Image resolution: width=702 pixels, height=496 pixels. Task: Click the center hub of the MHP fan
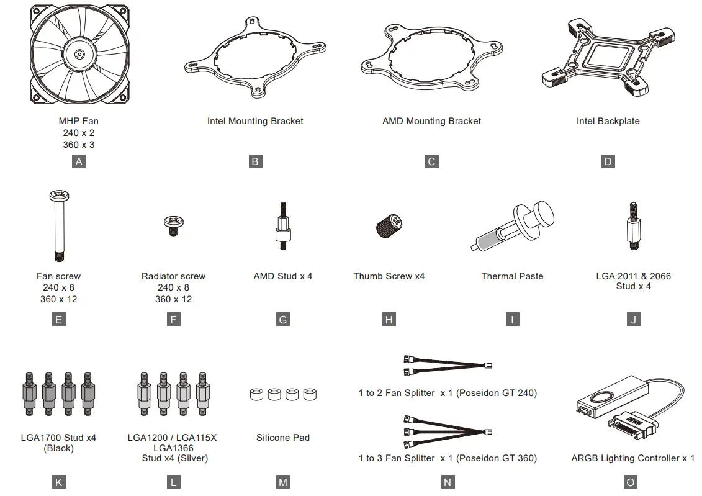pyautogui.click(x=79, y=55)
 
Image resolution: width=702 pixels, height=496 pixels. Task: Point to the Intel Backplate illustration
pyautogui.click(x=608, y=58)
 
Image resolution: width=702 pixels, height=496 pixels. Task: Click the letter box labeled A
pyautogui.click(x=79, y=161)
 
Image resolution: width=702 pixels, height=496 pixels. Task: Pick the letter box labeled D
pyautogui.click(x=608, y=161)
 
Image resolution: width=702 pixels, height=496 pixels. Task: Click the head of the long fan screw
pyautogui.click(x=59, y=195)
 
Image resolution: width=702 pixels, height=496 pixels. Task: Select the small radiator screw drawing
pyautogui.click(x=174, y=225)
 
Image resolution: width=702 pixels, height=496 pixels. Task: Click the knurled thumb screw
pyautogui.click(x=389, y=226)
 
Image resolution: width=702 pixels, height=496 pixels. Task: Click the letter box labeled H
pyautogui.click(x=389, y=320)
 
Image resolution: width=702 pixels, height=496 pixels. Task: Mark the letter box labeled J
pyautogui.click(x=634, y=320)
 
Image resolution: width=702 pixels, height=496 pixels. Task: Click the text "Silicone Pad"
pyautogui.click(x=283, y=438)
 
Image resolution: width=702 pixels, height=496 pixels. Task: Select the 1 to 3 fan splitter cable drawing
pyautogui.click(x=448, y=432)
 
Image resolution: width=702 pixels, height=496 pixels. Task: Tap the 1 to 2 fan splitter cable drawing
pyautogui.click(x=448, y=365)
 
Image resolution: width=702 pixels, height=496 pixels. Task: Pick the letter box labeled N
pyautogui.click(x=448, y=482)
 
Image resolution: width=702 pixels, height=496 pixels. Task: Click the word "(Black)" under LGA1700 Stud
pyautogui.click(x=58, y=449)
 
